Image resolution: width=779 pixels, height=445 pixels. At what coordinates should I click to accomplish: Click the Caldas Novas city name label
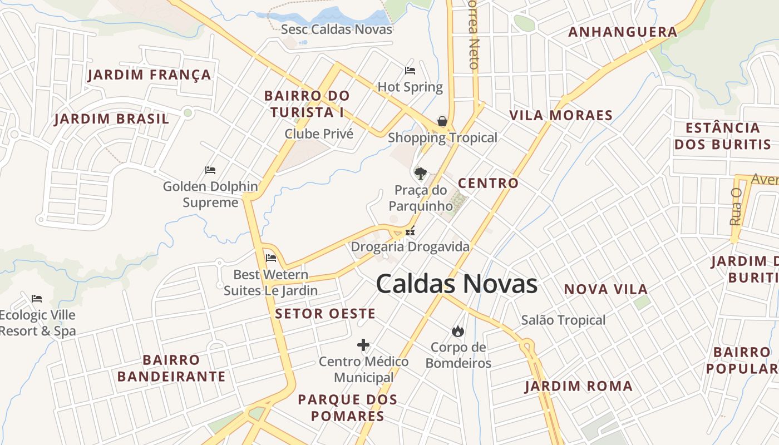point(456,284)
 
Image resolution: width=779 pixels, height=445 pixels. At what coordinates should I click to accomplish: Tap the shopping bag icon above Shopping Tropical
point(442,121)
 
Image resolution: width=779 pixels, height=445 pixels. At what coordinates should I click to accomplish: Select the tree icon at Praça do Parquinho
point(421,173)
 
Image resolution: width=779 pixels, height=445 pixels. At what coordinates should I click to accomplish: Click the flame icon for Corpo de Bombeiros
point(458,331)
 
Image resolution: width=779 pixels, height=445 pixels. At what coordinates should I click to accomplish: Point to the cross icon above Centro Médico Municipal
point(363,345)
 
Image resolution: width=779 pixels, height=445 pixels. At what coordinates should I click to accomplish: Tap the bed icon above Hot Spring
point(410,71)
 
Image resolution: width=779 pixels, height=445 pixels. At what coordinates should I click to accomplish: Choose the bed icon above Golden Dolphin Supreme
point(210,170)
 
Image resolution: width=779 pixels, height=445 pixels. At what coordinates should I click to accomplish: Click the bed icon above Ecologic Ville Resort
point(37,299)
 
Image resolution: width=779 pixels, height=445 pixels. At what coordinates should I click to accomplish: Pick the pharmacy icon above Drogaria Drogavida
point(410,231)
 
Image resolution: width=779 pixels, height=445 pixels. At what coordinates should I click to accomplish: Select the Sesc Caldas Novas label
point(337,29)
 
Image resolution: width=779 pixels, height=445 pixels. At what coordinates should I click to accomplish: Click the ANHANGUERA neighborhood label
point(623,32)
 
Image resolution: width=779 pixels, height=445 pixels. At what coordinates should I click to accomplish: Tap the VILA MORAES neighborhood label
point(561,116)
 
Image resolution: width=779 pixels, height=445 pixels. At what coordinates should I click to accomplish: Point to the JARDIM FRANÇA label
point(149,75)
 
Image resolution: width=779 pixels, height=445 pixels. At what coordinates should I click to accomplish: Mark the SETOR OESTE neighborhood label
point(325,314)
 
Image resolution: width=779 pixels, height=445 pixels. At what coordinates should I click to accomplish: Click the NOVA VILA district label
point(606,289)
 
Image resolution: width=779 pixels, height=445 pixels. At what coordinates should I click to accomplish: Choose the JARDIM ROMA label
point(579,386)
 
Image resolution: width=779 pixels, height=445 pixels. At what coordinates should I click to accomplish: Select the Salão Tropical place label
point(563,320)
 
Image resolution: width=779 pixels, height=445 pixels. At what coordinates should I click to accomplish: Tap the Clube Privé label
point(319,133)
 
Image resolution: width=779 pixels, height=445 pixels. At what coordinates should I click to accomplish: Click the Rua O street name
point(736,206)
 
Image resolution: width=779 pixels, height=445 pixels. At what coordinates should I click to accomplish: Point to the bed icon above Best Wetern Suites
point(271,258)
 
